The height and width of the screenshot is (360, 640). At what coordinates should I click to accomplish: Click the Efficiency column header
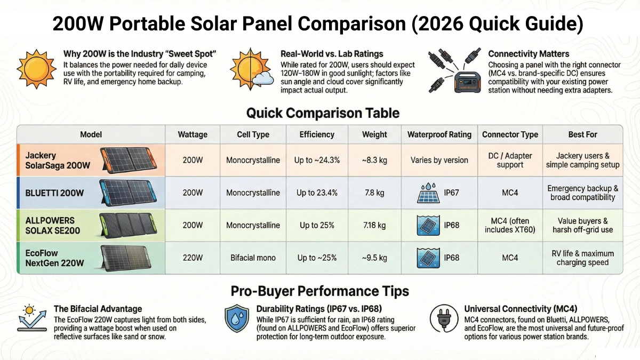(317, 134)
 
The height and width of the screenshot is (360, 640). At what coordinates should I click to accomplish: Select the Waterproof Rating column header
(439, 134)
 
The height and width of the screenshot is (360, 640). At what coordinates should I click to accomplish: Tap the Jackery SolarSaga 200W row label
(58, 161)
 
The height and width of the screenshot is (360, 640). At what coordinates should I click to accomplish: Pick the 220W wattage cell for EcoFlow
(192, 258)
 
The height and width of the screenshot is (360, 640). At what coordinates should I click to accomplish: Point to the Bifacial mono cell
(253, 258)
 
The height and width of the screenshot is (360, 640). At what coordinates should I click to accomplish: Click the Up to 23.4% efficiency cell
(317, 193)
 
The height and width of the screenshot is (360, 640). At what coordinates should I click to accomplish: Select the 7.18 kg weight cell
(374, 225)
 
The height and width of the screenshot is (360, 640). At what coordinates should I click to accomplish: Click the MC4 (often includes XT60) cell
(510, 225)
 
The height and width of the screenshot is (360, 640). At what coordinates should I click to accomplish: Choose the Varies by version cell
(439, 160)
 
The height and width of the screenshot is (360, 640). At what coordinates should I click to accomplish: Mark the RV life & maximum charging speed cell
(582, 258)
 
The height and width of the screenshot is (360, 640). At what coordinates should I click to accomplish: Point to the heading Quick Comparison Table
(322, 113)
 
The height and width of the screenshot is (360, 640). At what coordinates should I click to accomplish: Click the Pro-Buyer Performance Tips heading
(319, 291)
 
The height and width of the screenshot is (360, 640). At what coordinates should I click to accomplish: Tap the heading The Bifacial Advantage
(98, 309)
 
